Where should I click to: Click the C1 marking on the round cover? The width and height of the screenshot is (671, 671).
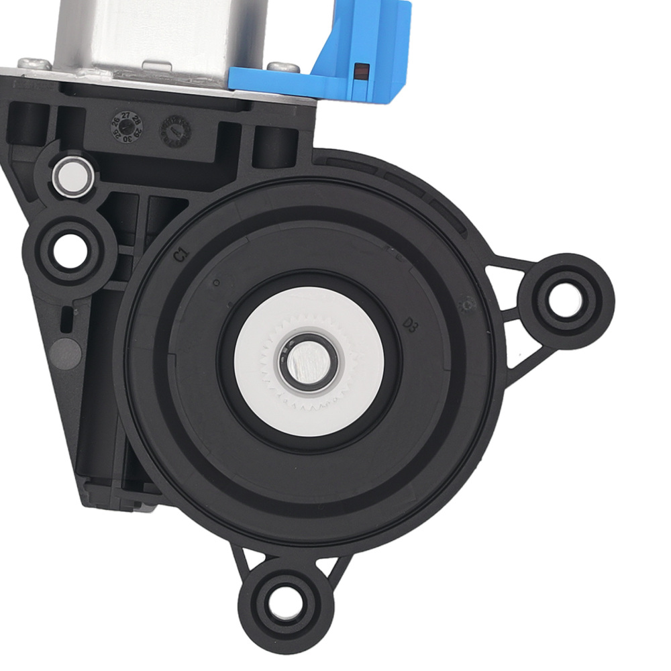pos(179,255)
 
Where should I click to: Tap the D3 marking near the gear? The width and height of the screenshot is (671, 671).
pos(411,325)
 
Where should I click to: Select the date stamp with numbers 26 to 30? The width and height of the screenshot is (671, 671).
pos(127,125)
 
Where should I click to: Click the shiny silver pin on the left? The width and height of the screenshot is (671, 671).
pos(72,176)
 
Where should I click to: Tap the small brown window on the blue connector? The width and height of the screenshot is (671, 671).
pos(363,70)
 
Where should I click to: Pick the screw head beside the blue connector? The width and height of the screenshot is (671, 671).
pos(280,66)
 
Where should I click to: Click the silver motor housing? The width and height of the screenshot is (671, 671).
pos(154,34)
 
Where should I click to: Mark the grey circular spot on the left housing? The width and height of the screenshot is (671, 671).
pos(64,352)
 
